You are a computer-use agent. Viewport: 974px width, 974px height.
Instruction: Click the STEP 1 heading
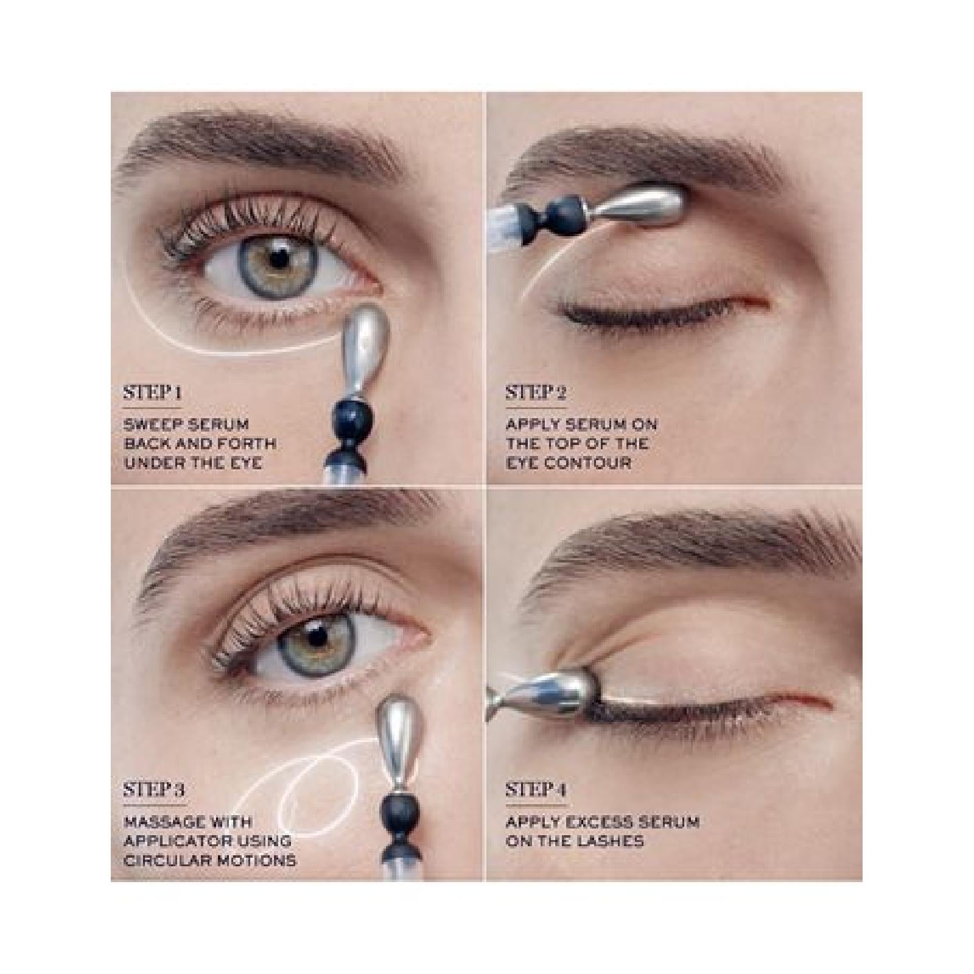tap(152, 393)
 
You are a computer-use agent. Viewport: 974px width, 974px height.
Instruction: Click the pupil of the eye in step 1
tap(279, 259)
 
